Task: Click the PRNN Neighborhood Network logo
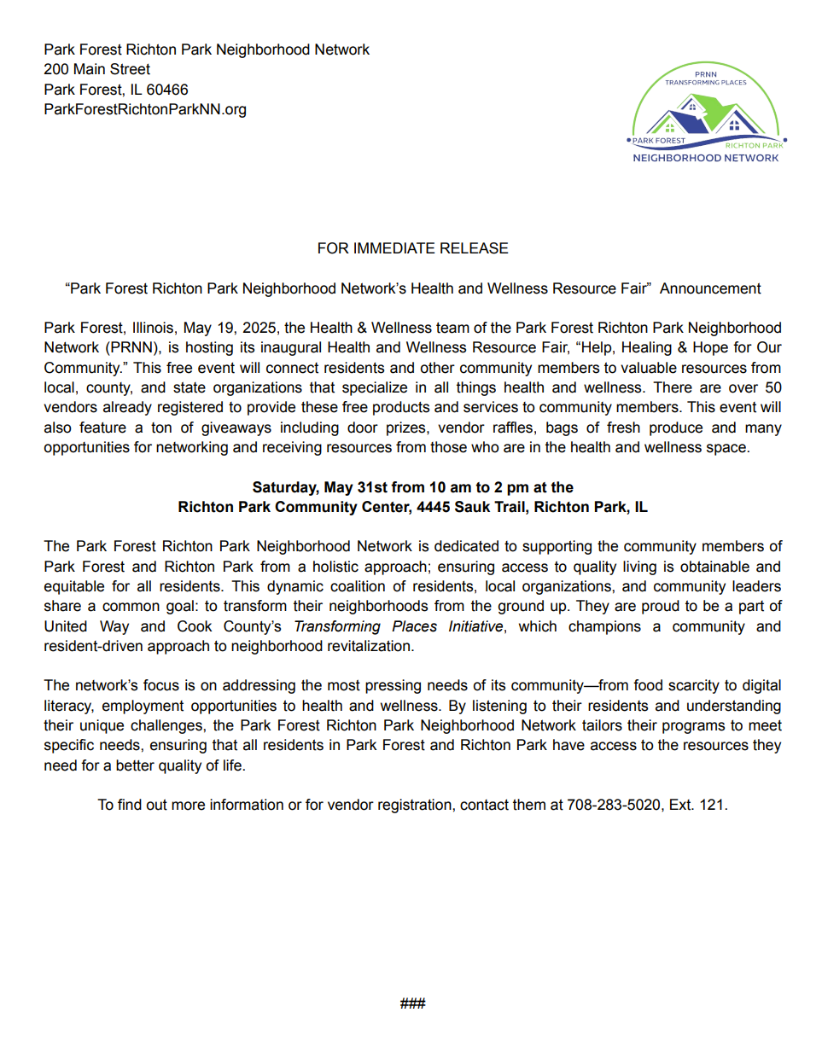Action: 706,113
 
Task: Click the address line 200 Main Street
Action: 96,69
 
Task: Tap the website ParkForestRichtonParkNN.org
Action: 145,109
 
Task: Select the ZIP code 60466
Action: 167,90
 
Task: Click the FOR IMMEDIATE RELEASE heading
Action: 412,248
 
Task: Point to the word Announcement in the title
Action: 710,288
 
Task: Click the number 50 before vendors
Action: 772,387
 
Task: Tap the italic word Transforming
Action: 337,626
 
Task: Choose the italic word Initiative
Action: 475,626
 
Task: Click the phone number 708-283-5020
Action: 614,805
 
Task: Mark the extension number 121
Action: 711,805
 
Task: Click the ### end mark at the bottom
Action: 412,1004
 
